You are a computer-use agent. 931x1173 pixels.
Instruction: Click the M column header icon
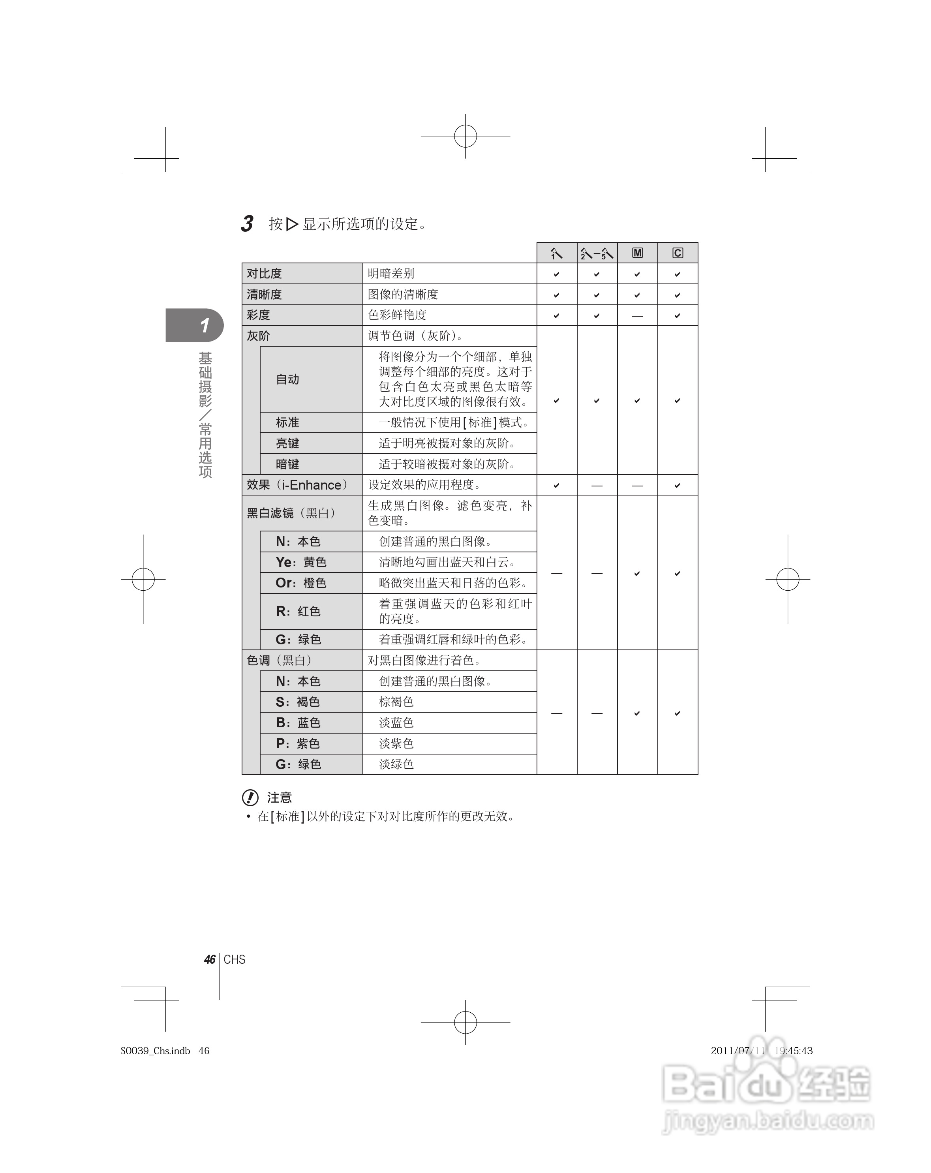pyautogui.click(x=637, y=253)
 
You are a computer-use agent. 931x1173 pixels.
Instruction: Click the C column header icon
pyautogui.click(x=678, y=253)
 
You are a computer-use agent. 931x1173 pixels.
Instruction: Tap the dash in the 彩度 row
pyautogui.click(x=637, y=315)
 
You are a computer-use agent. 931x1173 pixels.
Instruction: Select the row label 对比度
pyautogui.click(x=265, y=273)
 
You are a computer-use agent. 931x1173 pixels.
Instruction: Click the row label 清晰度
pyautogui.click(x=265, y=295)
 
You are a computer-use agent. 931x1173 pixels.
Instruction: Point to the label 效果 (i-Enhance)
pyautogui.click(x=297, y=485)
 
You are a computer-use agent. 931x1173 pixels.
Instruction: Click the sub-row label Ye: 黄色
pyautogui.click(x=301, y=562)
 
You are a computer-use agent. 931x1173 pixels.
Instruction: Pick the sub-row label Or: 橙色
pyautogui.click(x=301, y=583)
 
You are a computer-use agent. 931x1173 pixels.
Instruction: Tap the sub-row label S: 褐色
pyautogui.click(x=298, y=702)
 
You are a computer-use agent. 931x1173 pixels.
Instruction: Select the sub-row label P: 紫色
pyautogui.click(x=298, y=743)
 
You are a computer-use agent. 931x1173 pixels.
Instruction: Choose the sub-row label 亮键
pyautogui.click(x=287, y=443)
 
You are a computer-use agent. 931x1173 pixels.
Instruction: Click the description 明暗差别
pyautogui.click(x=391, y=273)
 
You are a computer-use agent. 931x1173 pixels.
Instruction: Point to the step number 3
pyautogui.click(x=248, y=223)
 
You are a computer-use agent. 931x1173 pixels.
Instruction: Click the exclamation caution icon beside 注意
pyautogui.click(x=250, y=798)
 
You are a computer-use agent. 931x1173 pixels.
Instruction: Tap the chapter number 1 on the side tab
pyautogui.click(x=205, y=325)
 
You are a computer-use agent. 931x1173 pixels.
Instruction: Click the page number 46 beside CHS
pyautogui.click(x=210, y=959)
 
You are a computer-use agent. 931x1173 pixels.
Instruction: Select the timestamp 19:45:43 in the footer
pyautogui.click(x=793, y=1051)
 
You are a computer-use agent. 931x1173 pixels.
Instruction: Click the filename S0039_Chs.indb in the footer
pyautogui.click(x=156, y=1051)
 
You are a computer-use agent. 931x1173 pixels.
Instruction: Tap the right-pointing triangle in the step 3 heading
pyautogui.click(x=292, y=223)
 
